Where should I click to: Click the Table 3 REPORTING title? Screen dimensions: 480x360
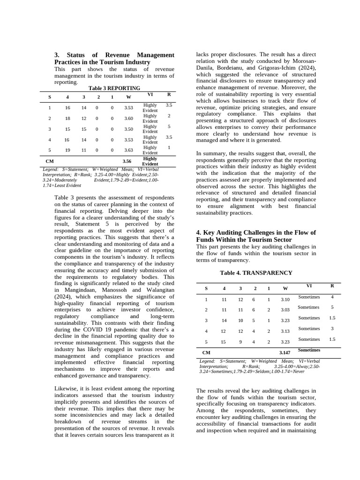click(x=114, y=88)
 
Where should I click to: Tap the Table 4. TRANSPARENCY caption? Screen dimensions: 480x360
click(x=256, y=273)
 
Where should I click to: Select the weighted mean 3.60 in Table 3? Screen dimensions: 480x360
click(x=128, y=119)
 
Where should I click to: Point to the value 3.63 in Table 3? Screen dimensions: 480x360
click(x=128, y=150)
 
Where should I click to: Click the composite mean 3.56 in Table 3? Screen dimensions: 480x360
click(x=127, y=161)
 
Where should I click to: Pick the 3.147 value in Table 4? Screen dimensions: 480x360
click(x=285, y=352)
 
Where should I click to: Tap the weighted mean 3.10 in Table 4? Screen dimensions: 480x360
click(x=285, y=300)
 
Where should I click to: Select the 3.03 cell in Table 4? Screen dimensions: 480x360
click(x=285, y=310)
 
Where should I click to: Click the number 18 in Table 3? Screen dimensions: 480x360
click(x=67, y=119)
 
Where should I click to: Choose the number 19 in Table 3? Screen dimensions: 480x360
click(x=67, y=150)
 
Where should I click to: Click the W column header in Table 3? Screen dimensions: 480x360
click(x=128, y=97)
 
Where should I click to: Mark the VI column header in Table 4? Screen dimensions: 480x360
click(x=309, y=286)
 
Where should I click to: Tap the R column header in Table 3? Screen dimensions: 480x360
click(x=169, y=94)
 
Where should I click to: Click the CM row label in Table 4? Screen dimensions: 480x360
click(x=206, y=352)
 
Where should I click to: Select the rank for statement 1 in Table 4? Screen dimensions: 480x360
click(x=332, y=297)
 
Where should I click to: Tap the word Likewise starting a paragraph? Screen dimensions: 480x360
click(x=67, y=389)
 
